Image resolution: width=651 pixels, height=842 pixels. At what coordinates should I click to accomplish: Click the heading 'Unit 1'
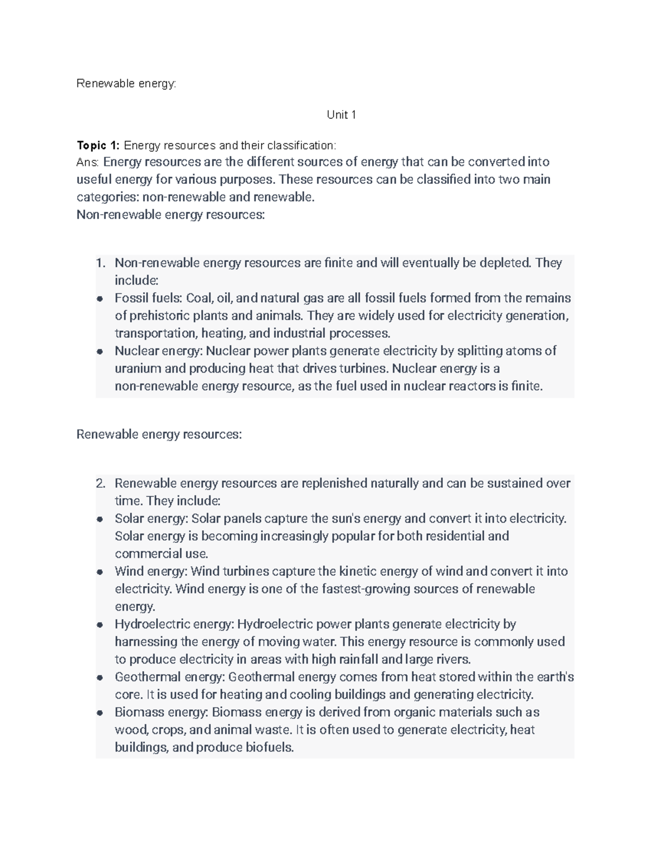click(341, 115)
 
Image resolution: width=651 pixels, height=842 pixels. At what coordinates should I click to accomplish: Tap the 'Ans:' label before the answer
click(88, 162)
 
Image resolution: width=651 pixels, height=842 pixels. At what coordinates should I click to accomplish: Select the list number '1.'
click(100, 263)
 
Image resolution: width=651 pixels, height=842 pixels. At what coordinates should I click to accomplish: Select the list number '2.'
click(100, 483)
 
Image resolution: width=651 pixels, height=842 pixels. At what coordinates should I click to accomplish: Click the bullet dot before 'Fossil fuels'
click(100, 299)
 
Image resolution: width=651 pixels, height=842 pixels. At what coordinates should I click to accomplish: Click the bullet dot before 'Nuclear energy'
click(100, 351)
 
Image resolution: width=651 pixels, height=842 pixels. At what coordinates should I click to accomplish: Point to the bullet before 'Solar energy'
click(100, 519)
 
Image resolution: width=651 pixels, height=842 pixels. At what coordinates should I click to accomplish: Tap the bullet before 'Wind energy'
click(100, 571)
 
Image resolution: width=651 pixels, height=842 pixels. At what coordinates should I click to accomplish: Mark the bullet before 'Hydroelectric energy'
click(100, 625)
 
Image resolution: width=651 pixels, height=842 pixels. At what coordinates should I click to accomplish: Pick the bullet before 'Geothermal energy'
click(100, 677)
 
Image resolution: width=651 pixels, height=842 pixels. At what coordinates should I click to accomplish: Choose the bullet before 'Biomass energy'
click(100, 712)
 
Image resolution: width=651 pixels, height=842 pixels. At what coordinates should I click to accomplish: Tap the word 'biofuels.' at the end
click(270, 748)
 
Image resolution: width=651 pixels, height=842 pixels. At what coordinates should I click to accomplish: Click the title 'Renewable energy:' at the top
click(126, 83)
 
